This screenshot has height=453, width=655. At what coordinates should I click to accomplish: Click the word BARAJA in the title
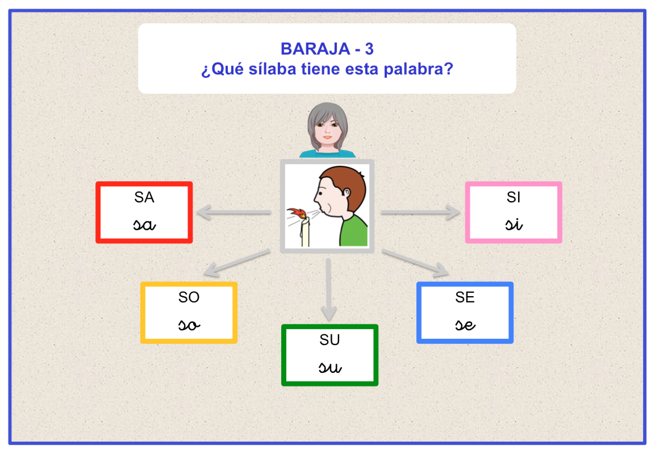(315, 49)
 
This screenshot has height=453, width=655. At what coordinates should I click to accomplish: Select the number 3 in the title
(369, 49)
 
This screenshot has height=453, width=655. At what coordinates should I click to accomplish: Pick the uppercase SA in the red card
(144, 197)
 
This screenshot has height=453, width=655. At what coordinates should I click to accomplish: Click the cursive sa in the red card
(144, 225)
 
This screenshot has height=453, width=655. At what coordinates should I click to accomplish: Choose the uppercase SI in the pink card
(513, 197)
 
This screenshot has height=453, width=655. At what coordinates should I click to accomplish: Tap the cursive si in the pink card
(514, 224)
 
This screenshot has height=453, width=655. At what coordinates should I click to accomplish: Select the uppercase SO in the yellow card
(189, 297)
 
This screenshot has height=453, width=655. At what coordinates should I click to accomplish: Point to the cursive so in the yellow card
(189, 325)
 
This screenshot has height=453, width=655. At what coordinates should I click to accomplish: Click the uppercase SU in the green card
(329, 340)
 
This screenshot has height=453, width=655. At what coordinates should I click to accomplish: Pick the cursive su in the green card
(330, 367)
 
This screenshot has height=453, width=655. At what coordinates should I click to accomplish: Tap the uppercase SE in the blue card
(465, 297)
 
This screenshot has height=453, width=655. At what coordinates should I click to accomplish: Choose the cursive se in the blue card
(465, 325)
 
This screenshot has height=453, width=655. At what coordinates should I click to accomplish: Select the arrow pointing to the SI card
(420, 212)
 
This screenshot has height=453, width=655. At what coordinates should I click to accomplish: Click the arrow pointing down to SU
(329, 290)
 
